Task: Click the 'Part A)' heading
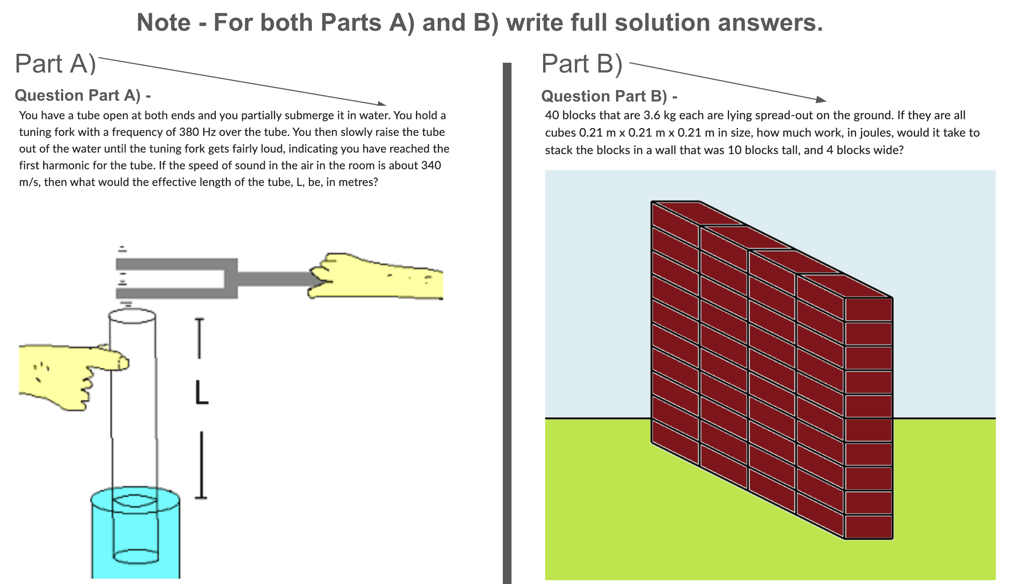[55, 64]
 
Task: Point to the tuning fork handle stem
[275, 279]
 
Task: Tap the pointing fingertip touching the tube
[123, 363]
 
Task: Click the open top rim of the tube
[132, 317]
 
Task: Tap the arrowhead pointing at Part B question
[821, 100]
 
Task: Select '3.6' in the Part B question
[652, 116]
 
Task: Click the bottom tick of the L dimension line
[201, 497]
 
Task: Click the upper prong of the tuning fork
[175, 264]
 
